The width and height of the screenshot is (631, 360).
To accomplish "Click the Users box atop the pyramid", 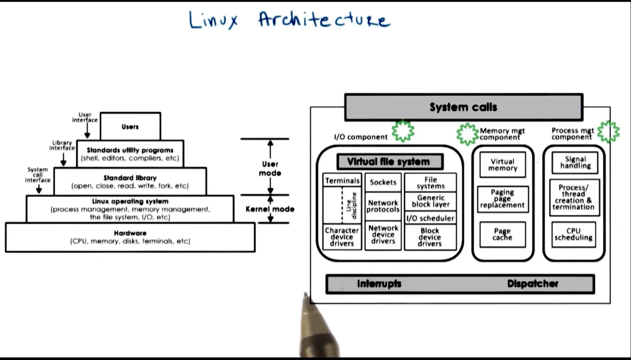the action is pos(131,126).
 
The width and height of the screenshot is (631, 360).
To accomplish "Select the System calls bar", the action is pos(464,107).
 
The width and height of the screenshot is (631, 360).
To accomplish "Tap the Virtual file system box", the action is pos(390,162).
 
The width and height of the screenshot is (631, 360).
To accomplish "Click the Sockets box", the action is pos(383,182).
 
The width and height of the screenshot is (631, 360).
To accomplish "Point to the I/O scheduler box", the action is pos(430,218).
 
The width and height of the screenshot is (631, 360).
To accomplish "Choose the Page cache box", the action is pos(502,234).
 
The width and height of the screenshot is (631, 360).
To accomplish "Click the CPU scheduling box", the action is pos(573,234).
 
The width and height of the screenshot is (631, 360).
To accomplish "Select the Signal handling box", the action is pos(575,162).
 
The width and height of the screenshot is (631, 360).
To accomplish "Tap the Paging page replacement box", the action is pos(502,199).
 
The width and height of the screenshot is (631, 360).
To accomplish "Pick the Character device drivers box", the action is pos(342,237).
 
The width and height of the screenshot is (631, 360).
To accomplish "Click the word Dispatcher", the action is pos(533,284).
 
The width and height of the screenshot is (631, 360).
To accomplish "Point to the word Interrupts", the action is pos(379,284).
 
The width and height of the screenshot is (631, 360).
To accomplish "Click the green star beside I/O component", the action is pos(403,131).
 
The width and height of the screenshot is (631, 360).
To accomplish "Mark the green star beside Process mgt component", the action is pos(609,132).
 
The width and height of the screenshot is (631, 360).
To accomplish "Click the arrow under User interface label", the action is pos(87,131).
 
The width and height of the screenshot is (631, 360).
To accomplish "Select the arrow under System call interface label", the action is pos(39,188).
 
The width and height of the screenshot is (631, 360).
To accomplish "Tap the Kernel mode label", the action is pos(270,209).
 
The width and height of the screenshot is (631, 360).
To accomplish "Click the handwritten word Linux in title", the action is pos(213,20).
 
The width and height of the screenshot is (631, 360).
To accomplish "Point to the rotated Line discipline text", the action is pos(351,205).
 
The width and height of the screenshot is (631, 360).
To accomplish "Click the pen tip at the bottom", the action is pos(306,294).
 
